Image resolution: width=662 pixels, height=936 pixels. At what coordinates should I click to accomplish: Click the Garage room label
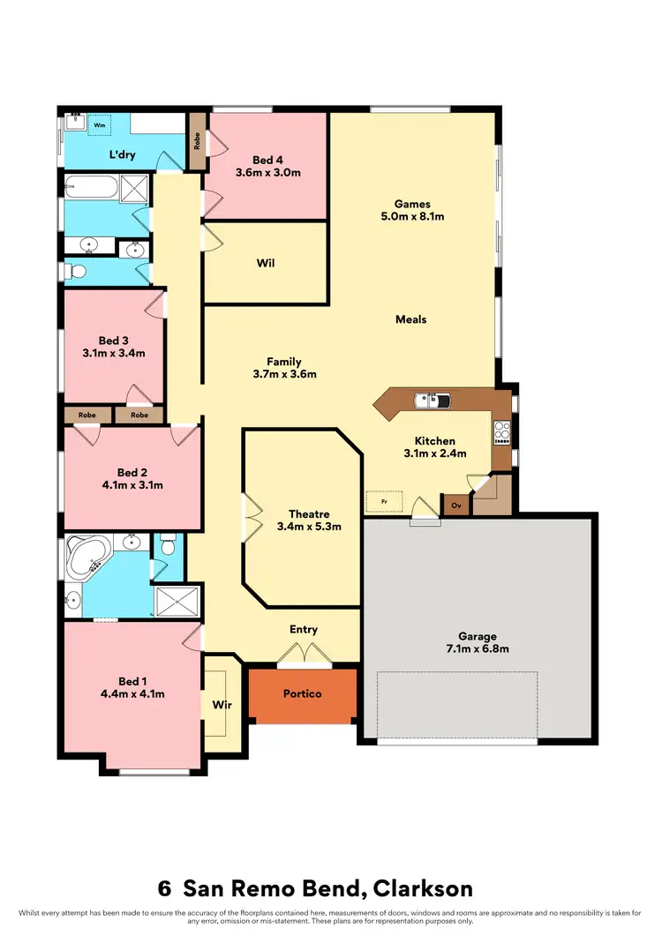(x=477, y=635)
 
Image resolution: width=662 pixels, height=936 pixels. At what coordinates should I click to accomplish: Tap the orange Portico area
(x=302, y=693)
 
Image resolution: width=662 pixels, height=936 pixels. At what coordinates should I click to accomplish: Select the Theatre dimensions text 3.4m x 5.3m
(x=309, y=527)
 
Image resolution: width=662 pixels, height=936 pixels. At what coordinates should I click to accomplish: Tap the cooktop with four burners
(x=502, y=432)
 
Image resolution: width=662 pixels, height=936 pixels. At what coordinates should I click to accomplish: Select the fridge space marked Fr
(x=384, y=501)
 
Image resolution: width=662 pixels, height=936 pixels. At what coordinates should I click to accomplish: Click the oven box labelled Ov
(x=456, y=505)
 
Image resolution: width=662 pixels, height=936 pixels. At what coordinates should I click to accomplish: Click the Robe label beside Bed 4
(x=196, y=142)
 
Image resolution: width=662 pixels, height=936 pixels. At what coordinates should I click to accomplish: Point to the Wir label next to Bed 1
(x=221, y=705)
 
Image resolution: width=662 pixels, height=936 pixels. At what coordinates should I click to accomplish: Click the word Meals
(x=410, y=319)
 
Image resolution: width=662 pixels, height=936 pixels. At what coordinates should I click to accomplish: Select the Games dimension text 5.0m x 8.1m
(x=412, y=215)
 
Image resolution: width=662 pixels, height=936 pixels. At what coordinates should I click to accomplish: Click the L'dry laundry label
(x=122, y=155)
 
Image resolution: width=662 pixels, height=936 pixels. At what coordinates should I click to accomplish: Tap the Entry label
(x=303, y=630)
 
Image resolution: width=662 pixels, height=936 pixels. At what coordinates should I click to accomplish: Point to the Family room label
(x=284, y=362)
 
